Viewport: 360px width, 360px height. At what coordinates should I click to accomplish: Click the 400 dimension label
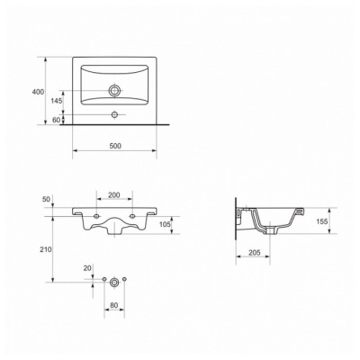click(38, 92)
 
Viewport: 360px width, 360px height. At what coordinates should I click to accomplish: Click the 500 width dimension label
click(115, 146)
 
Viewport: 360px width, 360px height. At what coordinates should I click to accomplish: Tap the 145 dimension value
click(56, 101)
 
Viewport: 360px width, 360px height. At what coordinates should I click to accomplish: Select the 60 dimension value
click(57, 120)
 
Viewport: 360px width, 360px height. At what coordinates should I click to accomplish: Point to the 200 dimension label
click(114, 195)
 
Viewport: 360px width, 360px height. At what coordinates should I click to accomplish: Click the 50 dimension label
click(46, 199)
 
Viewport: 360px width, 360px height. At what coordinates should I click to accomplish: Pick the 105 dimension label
click(165, 224)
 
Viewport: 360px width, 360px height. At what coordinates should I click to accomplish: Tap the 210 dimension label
click(46, 249)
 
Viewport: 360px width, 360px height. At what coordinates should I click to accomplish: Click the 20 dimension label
click(87, 268)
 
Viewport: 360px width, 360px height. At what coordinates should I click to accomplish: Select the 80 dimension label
click(114, 305)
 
